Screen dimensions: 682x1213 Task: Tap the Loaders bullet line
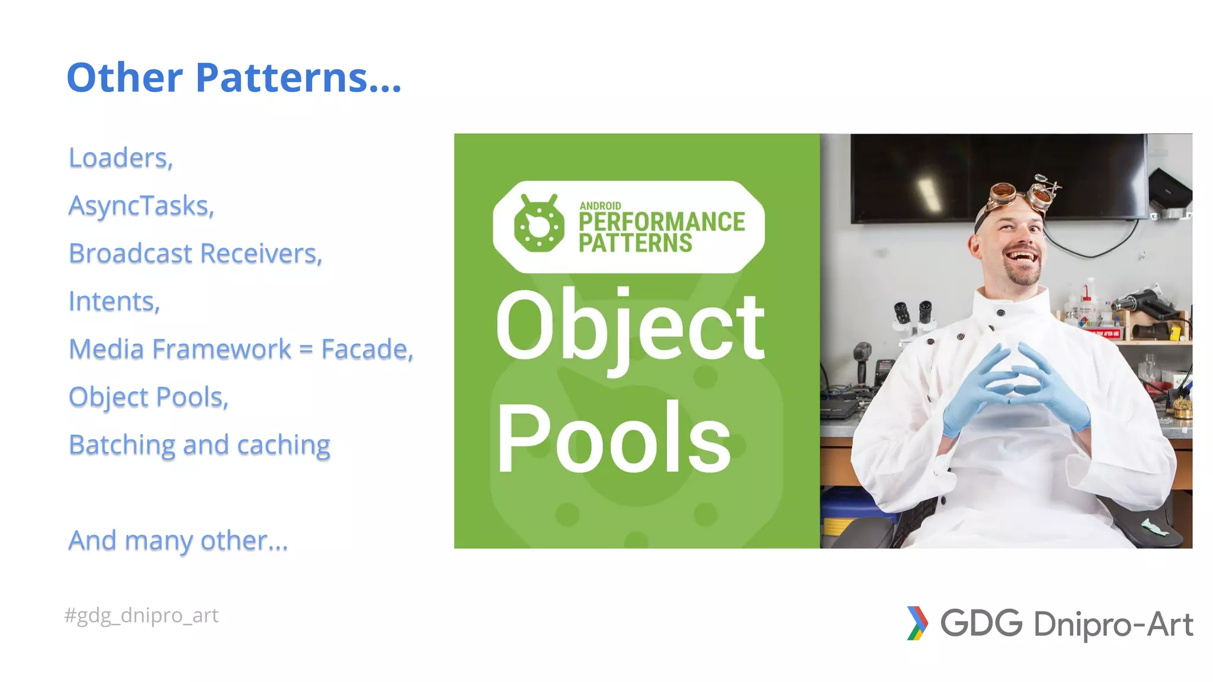(x=121, y=158)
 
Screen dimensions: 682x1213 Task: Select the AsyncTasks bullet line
(x=141, y=206)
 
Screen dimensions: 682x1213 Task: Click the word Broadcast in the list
(x=130, y=253)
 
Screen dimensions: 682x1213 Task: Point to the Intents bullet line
(x=114, y=301)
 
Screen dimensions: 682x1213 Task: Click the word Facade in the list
(x=367, y=349)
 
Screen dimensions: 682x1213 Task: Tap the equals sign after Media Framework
(x=306, y=349)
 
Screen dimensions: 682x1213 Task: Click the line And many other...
(x=178, y=541)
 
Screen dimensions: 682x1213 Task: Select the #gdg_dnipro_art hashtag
(x=142, y=616)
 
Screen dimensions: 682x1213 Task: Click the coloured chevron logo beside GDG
(x=917, y=623)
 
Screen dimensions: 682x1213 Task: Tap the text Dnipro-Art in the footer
(x=1113, y=625)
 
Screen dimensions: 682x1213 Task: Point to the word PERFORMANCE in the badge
(x=662, y=222)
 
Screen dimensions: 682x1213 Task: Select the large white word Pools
(x=614, y=438)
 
